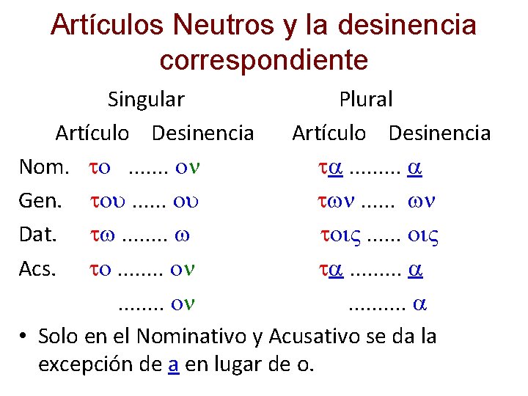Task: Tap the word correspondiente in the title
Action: pos(263,59)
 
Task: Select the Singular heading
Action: pos(146,98)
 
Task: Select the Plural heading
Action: pos(365,98)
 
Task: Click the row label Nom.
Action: pos(44,167)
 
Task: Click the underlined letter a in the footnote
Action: pos(173,363)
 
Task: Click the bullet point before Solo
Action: pos(24,337)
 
